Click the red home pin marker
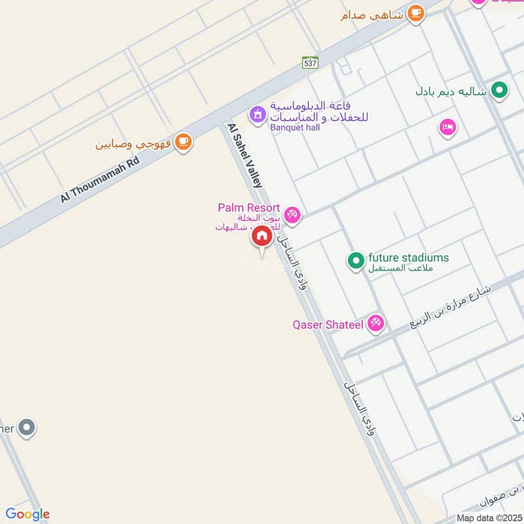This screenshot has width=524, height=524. point(261,236)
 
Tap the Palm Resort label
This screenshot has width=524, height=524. point(249,208)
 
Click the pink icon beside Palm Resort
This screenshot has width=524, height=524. point(293,215)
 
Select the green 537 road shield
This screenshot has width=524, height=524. point(310,63)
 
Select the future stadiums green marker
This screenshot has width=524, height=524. point(356,261)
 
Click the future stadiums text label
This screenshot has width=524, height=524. point(409,257)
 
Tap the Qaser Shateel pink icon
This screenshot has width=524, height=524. point(375,322)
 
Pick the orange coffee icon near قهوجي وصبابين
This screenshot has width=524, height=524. point(183,142)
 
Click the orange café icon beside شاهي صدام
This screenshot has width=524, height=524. point(415,13)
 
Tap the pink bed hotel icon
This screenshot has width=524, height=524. point(448,127)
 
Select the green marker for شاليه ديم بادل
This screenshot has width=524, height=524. point(500,90)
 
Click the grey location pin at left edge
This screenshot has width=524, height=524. point(26,428)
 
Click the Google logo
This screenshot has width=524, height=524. point(28,514)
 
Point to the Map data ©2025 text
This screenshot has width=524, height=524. point(488,517)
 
